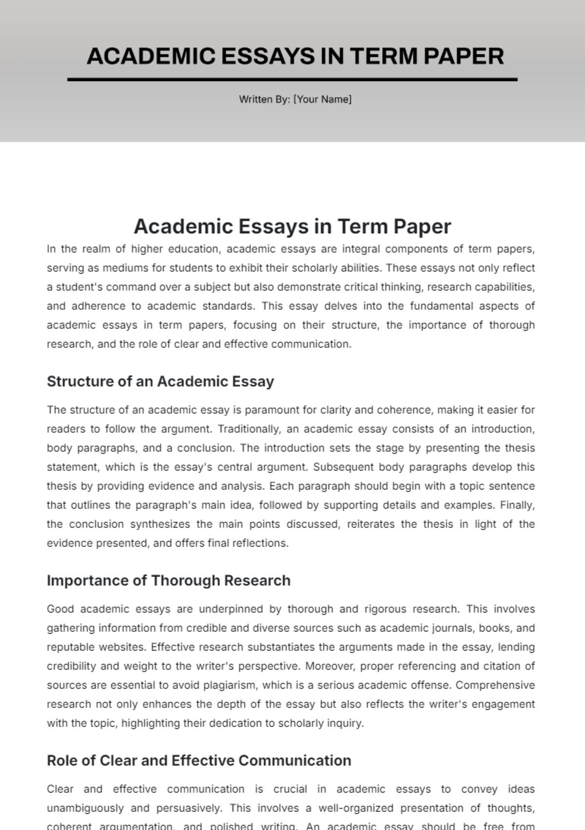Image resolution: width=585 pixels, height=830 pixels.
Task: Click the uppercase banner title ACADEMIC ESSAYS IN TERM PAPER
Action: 295,56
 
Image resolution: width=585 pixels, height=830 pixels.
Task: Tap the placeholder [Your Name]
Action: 322,100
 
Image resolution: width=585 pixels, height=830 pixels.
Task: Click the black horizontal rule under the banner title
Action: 292,79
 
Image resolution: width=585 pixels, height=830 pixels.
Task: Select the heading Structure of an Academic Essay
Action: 160,381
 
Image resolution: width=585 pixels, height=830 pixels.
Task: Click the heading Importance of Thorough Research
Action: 169,581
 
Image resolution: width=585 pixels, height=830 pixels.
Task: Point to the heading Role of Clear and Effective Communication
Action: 199,761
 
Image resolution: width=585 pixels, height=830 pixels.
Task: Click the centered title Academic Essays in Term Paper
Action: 292,226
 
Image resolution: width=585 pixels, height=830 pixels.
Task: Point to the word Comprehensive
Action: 495,685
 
